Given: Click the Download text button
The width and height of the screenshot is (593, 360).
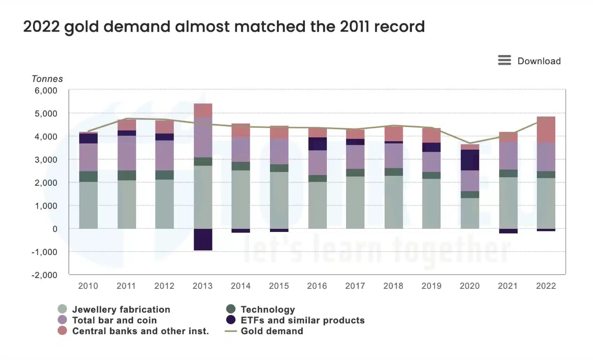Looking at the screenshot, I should [539, 61].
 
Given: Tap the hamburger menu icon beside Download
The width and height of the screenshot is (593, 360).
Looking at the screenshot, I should [504, 60].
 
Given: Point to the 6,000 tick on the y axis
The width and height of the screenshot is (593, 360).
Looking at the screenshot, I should [46, 91].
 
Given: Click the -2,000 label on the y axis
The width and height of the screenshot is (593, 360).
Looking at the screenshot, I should [44, 275].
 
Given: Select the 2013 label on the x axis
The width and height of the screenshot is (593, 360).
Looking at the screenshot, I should [202, 286].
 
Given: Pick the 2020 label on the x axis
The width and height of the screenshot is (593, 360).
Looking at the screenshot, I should [470, 286].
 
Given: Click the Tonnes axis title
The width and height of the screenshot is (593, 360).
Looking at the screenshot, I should [47, 79].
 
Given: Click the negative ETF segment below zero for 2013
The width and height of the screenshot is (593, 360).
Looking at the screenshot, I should [203, 239].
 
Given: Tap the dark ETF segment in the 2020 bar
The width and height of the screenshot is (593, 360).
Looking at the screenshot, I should [470, 160].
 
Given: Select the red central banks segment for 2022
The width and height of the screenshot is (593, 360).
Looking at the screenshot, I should [546, 129].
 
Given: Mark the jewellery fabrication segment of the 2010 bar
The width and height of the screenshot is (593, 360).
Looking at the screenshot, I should [88, 205].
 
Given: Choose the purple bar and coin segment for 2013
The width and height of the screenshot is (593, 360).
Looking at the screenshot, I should [203, 137].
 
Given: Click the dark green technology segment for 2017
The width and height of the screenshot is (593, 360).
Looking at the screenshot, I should [355, 173].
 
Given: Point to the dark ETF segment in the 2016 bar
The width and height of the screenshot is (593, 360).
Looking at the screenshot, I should [317, 144].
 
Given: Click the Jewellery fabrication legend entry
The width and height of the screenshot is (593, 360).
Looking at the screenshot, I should [121, 309].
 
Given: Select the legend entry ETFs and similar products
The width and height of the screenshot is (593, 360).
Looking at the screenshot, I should [302, 320].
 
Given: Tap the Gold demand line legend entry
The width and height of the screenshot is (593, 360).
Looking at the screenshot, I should [271, 331].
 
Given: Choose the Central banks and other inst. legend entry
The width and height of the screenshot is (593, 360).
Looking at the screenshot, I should [140, 331].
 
